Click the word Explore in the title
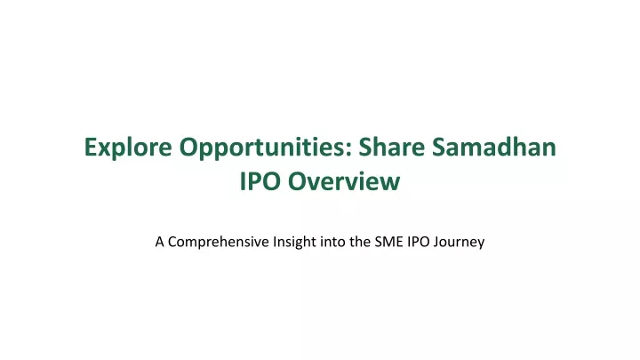point(128,148)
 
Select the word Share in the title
point(392,147)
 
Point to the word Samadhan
point(494,147)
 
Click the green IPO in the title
point(260,181)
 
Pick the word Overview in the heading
point(344,181)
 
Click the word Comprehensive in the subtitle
point(219,242)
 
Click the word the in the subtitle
point(360,242)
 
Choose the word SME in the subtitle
point(389,242)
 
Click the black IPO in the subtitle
point(419,242)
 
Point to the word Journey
point(460,243)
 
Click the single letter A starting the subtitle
point(160,242)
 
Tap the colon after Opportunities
point(349,150)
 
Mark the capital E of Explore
point(91,148)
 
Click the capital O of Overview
point(298,181)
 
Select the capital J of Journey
point(436,242)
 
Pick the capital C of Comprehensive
point(172,242)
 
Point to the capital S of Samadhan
point(439,147)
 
